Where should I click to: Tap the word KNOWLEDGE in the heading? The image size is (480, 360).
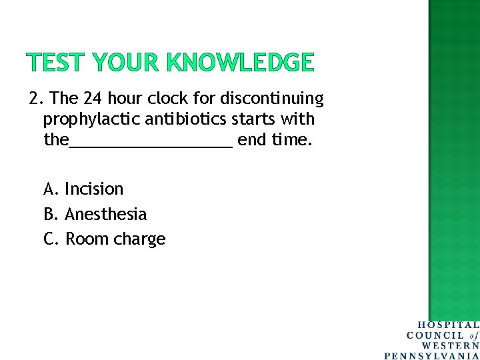(240, 63)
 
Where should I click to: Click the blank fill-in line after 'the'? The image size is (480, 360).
(151, 143)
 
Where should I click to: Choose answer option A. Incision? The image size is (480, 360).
(83, 189)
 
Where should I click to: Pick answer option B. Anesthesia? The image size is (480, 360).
(95, 214)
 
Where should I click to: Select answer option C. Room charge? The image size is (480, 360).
(104, 239)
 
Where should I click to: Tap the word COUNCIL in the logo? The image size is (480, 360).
(436, 335)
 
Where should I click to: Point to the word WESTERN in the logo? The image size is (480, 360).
(450, 345)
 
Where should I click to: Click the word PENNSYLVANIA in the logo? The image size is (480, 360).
(432, 355)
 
